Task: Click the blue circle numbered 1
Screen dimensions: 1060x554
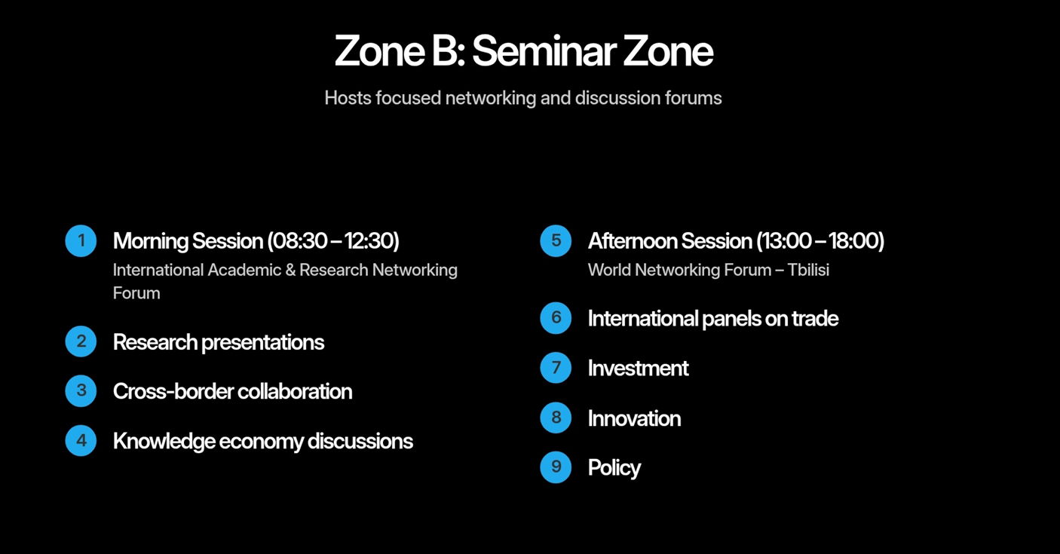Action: pos(81,240)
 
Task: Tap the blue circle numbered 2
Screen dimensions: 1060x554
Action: pos(81,341)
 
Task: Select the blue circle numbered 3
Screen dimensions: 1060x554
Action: pos(81,390)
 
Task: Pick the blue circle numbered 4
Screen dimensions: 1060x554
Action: pos(81,440)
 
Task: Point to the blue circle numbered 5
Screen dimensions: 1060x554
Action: pos(556,240)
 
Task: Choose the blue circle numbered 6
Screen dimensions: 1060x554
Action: pos(556,318)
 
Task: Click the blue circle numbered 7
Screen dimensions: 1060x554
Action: pos(556,368)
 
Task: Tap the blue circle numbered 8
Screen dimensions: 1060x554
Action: pos(556,418)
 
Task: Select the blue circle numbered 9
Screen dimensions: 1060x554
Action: pos(556,467)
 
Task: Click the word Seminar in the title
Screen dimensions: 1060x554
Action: pos(544,51)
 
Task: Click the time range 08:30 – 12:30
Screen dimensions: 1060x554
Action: pos(333,240)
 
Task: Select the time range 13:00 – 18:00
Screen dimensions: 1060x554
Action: pos(820,240)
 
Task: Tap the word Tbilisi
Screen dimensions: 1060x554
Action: pos(808,270)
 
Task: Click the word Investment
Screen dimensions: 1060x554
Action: pos(638,368)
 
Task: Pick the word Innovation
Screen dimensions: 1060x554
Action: pos(634,418)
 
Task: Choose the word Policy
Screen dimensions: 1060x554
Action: pos(614,468)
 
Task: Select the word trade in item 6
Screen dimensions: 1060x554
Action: pos(815,318)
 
